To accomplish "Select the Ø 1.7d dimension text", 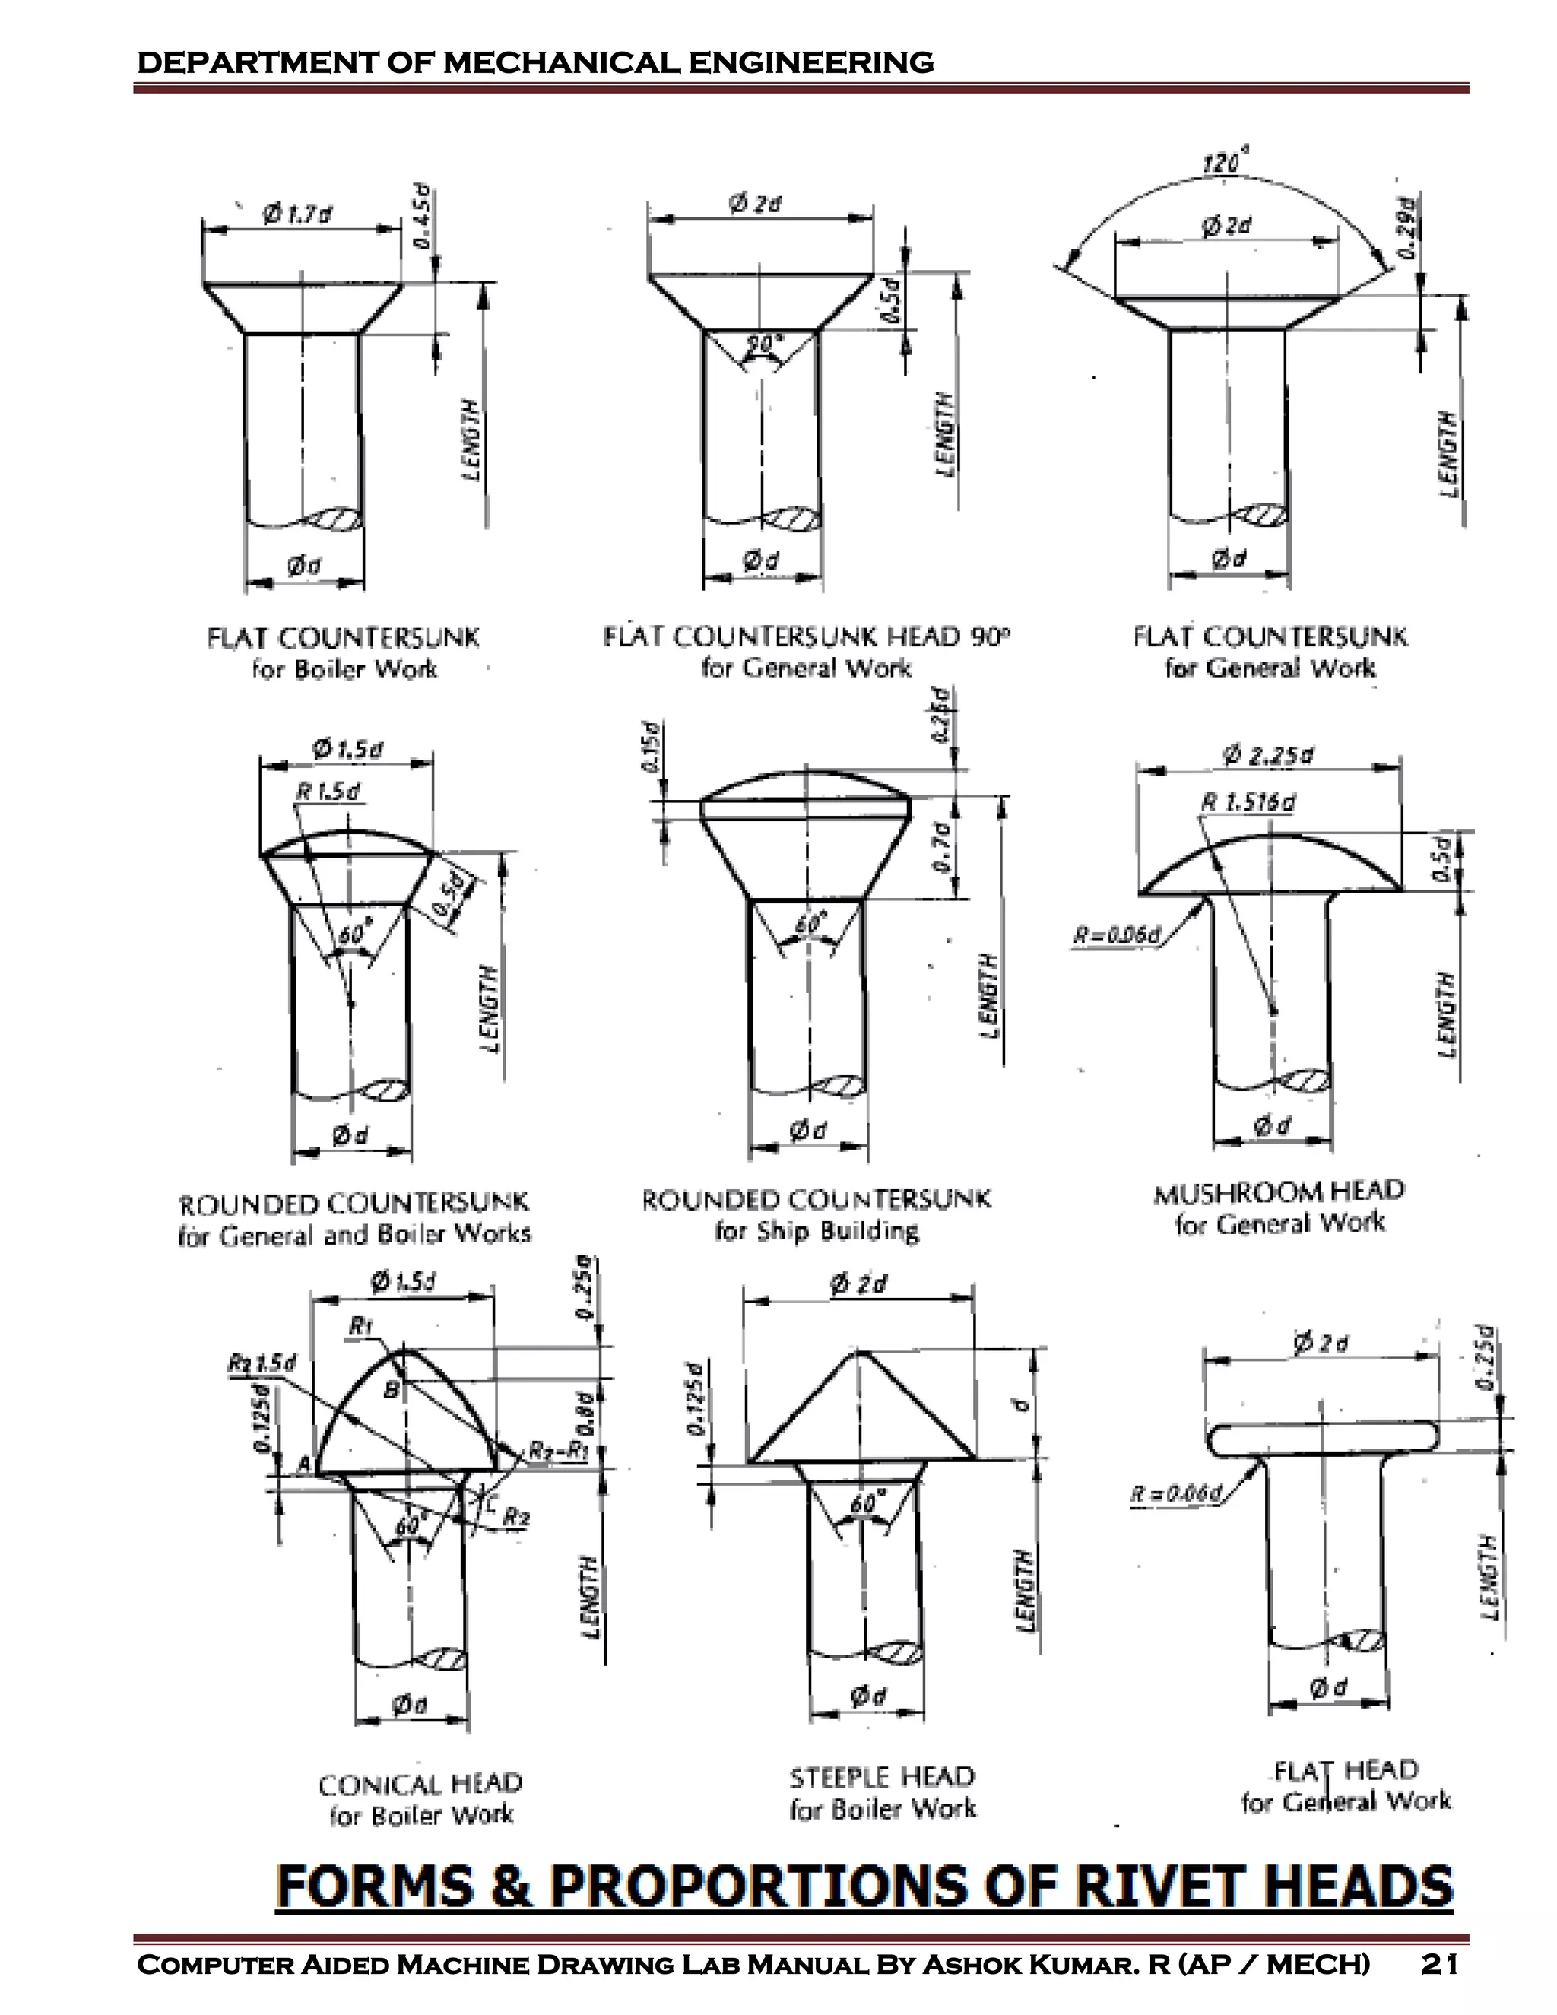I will [x=297, y=215].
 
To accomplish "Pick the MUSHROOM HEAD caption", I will [x=1280, y=1190].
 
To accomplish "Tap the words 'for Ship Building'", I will [x=817, y=1231].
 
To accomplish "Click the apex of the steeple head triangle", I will [x=860, y=1353].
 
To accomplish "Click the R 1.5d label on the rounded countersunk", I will [x=328, y=792].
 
